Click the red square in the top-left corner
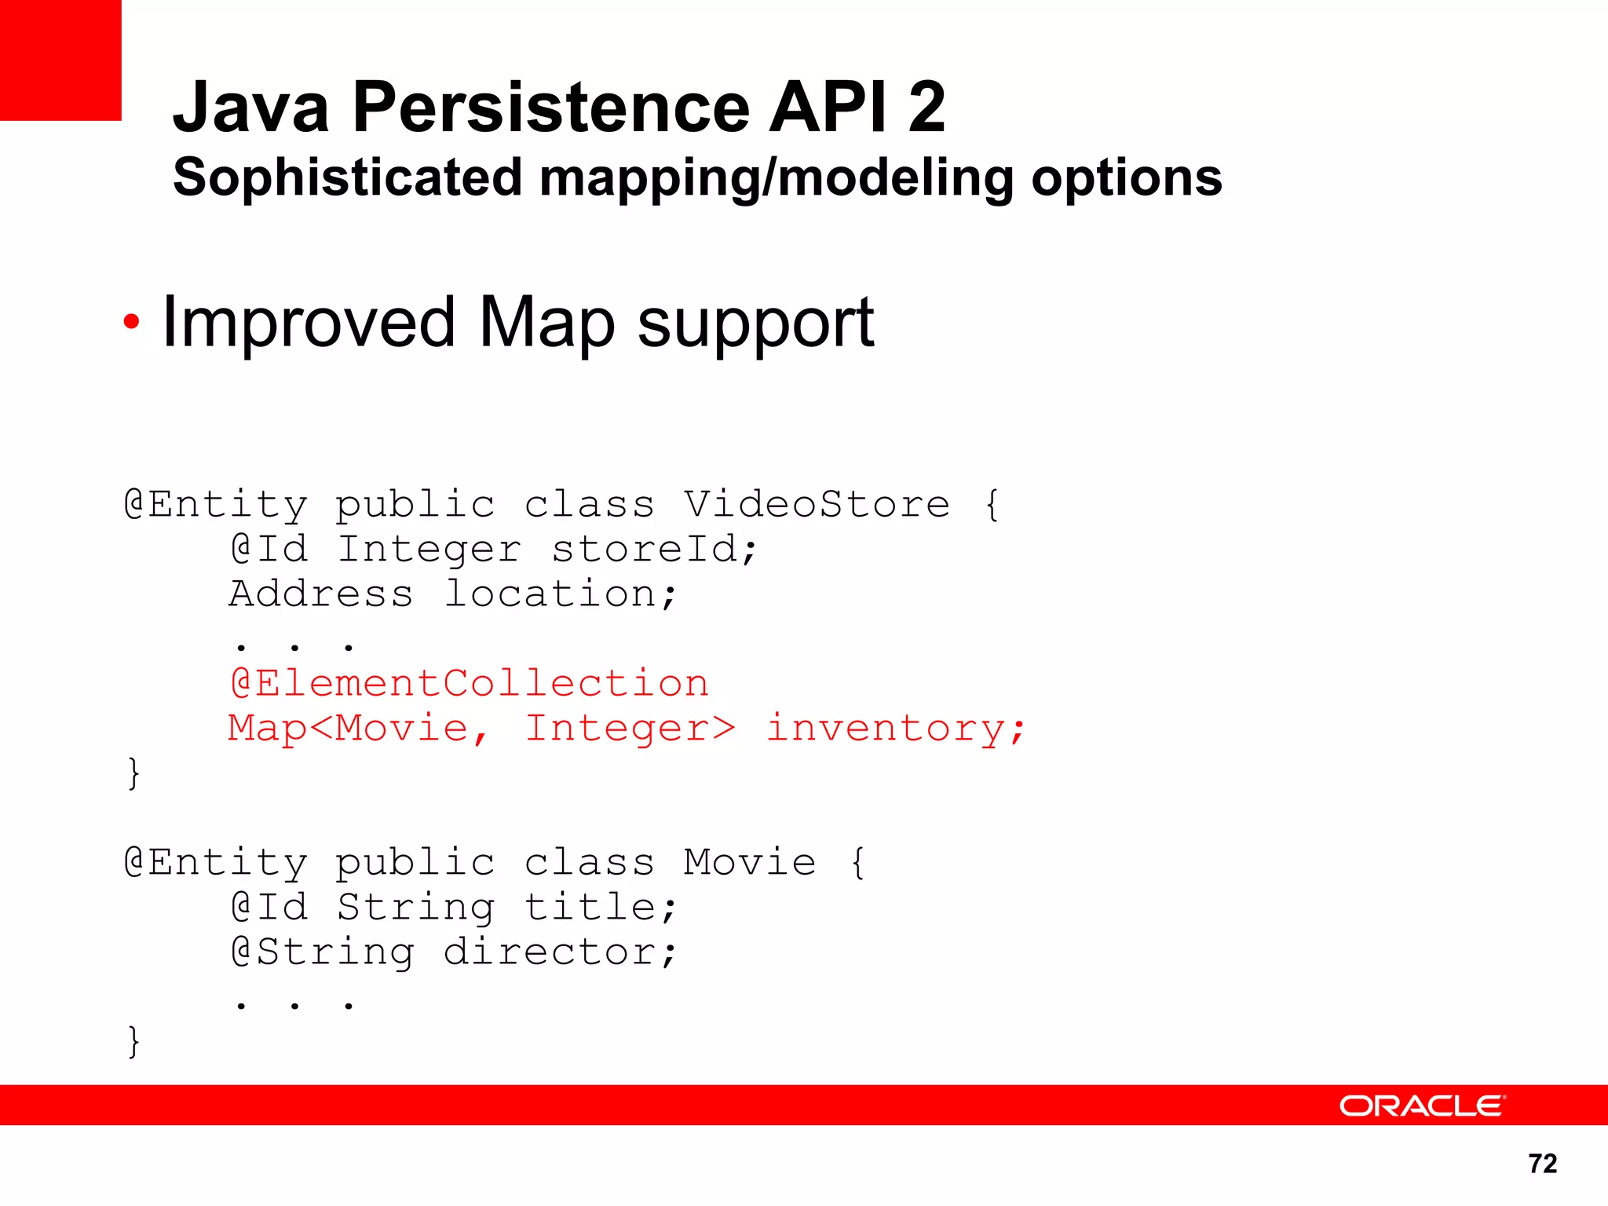60,60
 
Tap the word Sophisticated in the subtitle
347,177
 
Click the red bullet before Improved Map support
131,321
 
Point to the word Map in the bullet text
546,323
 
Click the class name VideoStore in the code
817,504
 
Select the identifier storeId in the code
654,549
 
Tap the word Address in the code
320,594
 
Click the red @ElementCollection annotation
470,683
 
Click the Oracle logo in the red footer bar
1422,1106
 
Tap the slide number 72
1542,1164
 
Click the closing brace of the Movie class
133,1042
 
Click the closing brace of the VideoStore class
133,773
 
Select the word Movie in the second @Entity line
750,863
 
